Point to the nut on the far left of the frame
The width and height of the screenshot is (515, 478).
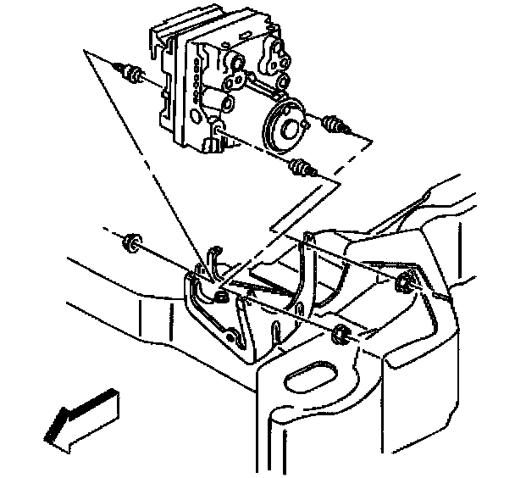coord(130,244)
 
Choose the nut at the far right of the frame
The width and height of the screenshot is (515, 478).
coord(405,283)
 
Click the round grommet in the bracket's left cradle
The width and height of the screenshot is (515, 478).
coord(219,295)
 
